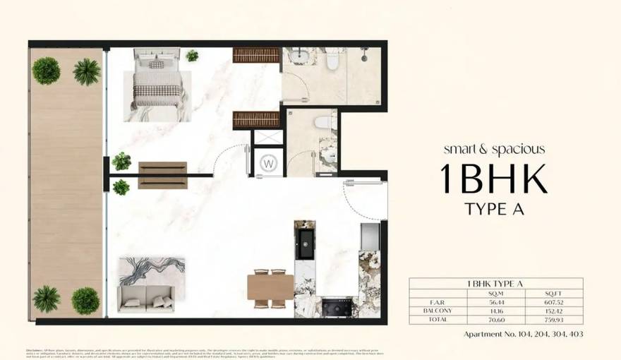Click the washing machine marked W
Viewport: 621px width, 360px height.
click(269, 162)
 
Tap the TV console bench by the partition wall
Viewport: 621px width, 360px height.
click(162, 175)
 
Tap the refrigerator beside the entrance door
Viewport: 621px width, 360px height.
click(370, 236)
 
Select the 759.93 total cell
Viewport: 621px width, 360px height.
click(548, 318)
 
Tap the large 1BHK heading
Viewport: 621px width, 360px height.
click(493, 179)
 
